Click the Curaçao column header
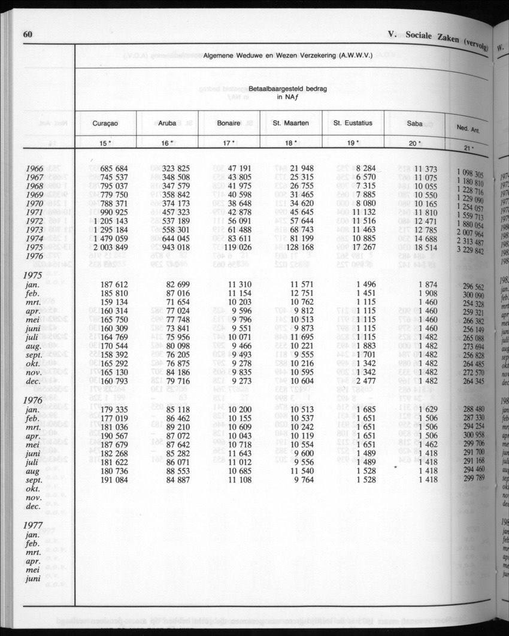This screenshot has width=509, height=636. click(105, 123)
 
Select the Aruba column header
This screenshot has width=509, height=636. click(167, 123)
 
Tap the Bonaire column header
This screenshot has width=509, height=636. click(229, 123)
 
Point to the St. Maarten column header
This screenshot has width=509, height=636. click(291, 123)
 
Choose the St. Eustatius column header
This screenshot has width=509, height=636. click(353, 123)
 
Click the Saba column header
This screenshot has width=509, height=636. click(414, 124)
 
